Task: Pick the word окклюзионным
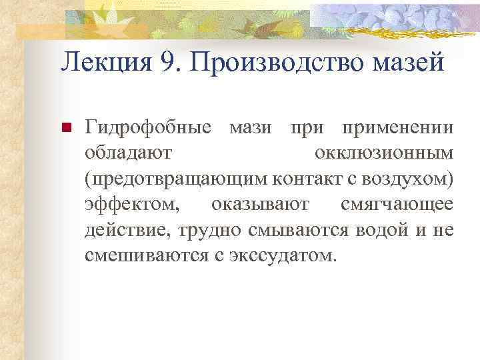click(383, 153)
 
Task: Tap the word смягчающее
click(397, 204)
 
